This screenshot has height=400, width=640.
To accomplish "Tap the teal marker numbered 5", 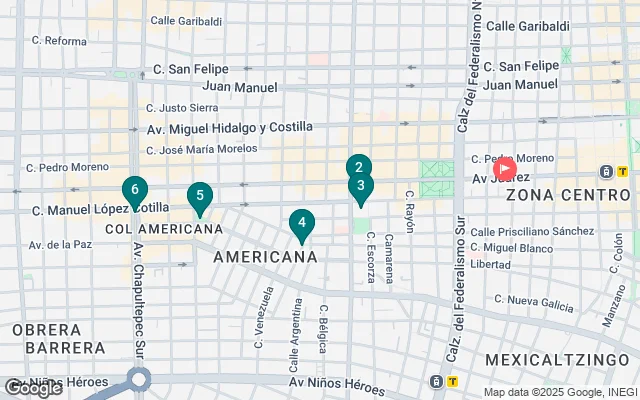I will pyautogui.click(x=200, y=197).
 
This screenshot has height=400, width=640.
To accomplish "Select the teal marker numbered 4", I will pyautogui.click(x=301, y=224).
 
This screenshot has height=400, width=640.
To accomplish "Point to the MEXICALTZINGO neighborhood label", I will pyautogui.click(x=558, y=358).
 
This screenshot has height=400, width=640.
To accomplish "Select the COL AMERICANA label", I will pyautogui.click(x=164, y=229).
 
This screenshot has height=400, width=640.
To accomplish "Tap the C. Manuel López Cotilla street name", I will pyautogui.click(x=100, y=210).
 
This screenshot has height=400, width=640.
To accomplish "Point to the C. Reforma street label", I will pyautogui.click(x=59, y=41).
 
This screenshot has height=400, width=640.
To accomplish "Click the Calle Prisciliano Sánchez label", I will pyautogui.click(x=532, y=231).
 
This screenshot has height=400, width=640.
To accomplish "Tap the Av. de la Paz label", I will pyautogui.click(x=60, y=244).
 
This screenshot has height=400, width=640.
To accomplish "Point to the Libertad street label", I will pyautogui.click(x=490, y=264).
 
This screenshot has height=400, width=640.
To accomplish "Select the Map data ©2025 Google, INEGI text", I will pyautogui.click(x=559, y=392).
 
